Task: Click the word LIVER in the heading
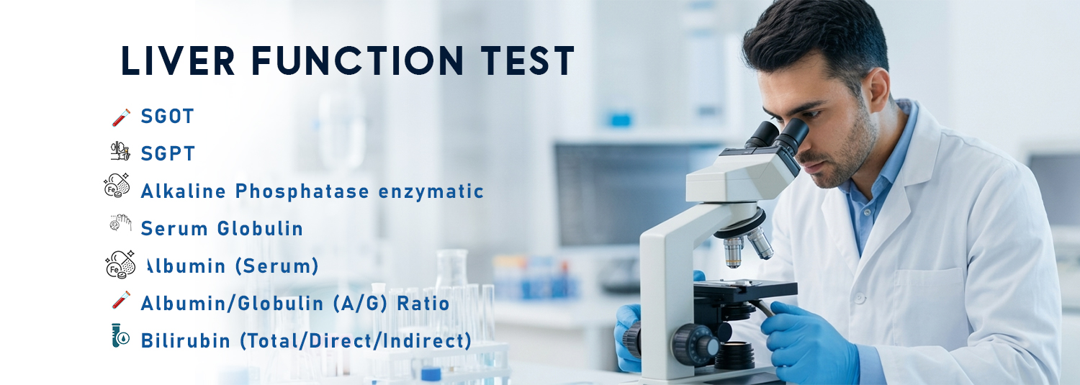tap(178, 61)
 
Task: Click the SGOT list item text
tap(167, 116)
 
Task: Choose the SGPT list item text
tap(168, 153)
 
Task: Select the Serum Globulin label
tap(222, 229)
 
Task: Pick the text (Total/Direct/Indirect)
tap(356, 340)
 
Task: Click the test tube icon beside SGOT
tap(121, 116)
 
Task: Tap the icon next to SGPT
tap(120, 151)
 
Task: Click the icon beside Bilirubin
tap(120, 336)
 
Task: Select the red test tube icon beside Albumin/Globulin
tap(121, 299)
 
